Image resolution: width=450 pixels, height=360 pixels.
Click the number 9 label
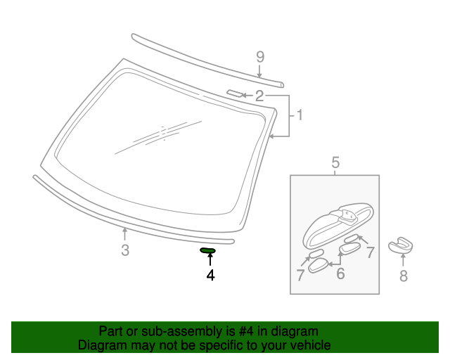tap(260, 56)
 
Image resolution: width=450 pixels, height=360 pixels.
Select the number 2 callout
tap(259, 96)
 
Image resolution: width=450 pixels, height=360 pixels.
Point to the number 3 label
tap(125, 250)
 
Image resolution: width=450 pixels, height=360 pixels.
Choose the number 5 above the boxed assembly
tap(335, 164)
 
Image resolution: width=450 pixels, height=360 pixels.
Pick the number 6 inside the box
tap(340, 273)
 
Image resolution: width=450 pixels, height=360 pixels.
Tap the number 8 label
tap(404, 276)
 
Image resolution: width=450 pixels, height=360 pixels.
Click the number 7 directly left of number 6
tap(301, 276)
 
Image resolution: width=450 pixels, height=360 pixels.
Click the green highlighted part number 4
tap(208, 250)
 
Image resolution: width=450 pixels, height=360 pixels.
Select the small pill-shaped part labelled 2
tap(233, 93)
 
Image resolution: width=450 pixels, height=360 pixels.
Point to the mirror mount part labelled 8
tap(403, 243)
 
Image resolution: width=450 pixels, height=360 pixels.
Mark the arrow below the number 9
tap(260, 71)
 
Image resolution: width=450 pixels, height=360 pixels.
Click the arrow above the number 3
tap(125, 234)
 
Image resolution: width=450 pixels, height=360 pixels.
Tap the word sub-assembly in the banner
tap(163, 331)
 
